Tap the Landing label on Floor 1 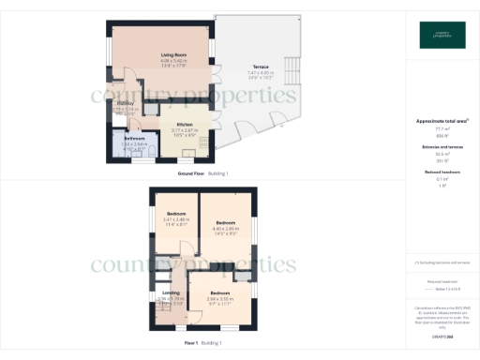tap(172, 292)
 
